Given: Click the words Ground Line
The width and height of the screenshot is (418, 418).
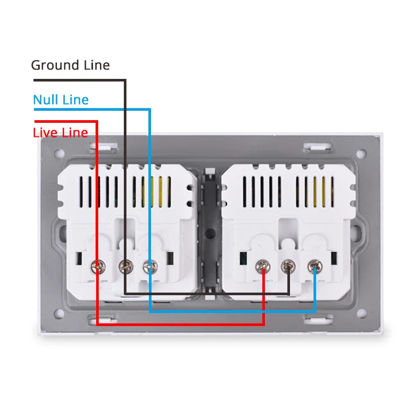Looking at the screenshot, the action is pyautogui.click(x=70, y=65).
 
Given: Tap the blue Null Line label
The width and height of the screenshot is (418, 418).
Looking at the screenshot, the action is pyautogui.click(x=61, y=99).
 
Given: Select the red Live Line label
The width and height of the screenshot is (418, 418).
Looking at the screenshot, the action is pyautogui.click(x=60, y=132).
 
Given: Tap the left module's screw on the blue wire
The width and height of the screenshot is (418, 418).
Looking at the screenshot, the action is pyautogui.click(x=149, y=267).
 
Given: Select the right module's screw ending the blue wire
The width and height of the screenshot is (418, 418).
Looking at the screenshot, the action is pyautogui.click(x=314, y=266).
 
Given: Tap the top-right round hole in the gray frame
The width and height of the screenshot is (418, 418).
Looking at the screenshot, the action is pyautogui.click(x=360, y=154).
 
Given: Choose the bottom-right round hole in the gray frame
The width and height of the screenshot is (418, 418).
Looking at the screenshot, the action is pyautogui.click(x=360, y=314).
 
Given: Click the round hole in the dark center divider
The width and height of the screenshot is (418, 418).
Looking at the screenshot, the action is pyautogui.click(x=210, y=232).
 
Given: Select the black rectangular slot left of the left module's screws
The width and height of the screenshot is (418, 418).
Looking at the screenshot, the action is pyautogui.click(x=80, y=258).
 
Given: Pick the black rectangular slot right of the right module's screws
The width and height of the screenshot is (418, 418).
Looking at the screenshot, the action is pyautogui.click(x=332, y=258).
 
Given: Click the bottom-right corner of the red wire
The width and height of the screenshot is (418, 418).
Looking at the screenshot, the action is pyautogui.click(x=263, y=323).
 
